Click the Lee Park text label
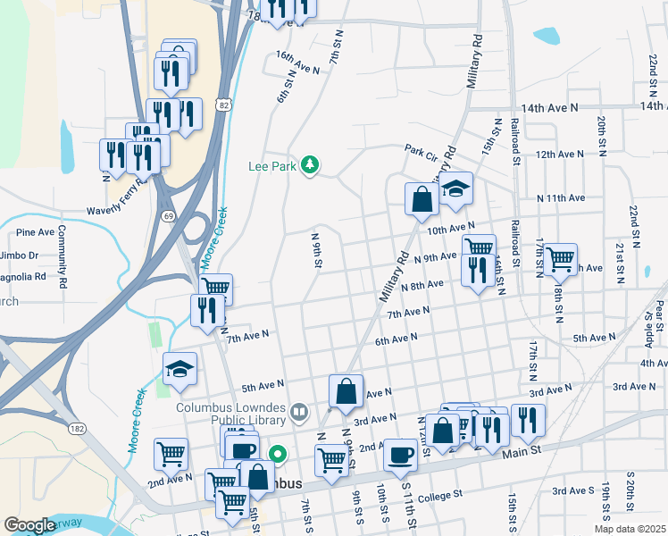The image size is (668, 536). (x=271, y=165)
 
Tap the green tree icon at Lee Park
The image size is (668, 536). (x=310, y=164)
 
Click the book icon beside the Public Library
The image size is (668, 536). (x=300, y=413)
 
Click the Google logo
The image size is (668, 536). (x=29, y=525)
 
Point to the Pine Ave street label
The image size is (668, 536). (x=36, y=232)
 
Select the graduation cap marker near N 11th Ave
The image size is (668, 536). (x=455, y=189)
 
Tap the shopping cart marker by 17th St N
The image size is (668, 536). (x=560, y=259)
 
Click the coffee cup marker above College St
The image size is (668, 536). (x=399, y=455)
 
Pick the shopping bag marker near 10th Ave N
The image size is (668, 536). (x=420, y=199)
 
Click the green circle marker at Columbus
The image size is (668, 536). (x=278, y=454)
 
